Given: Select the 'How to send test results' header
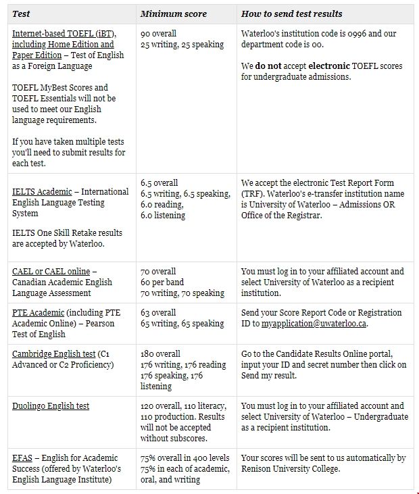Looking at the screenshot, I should coord(291,14).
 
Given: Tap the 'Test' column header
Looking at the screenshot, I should coord(21,14).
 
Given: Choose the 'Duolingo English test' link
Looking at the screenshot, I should coord(51,406).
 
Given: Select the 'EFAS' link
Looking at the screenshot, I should coord(22,458).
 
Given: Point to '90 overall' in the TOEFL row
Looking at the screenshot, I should coord(158,34).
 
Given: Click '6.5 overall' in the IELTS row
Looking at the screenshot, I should coord(159,183).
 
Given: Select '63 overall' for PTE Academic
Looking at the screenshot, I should coord(158,313).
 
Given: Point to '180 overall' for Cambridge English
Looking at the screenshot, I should coord(160,354).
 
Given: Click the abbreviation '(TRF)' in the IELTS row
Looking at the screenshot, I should coord(253,194).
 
